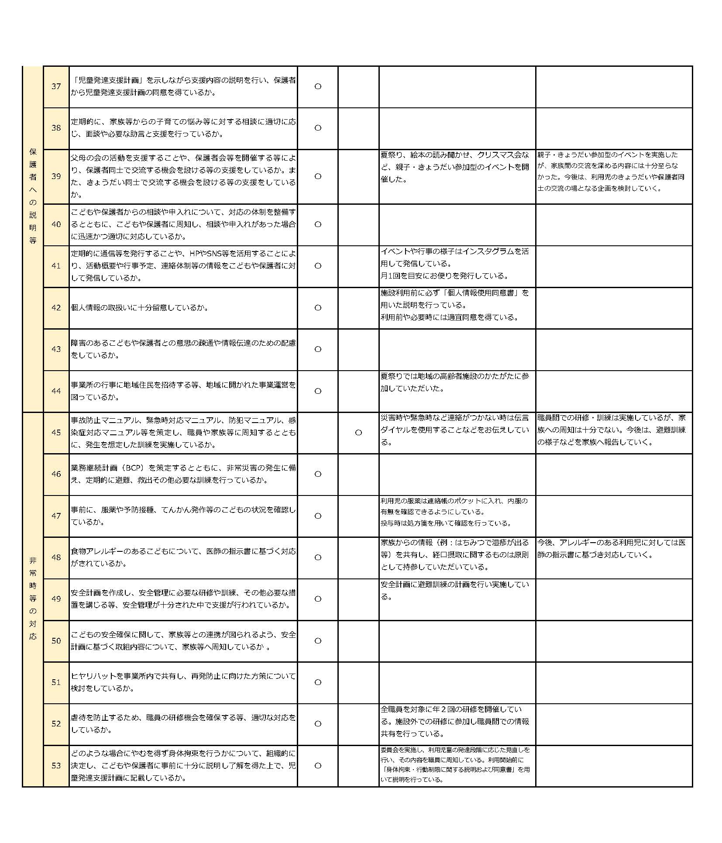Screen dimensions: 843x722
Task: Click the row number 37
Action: point(56,86)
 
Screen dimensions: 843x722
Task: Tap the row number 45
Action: point(56,432)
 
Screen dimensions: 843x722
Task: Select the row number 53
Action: point(56,765)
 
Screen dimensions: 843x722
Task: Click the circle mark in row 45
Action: point(358,433)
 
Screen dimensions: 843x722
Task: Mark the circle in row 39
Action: point(318,176)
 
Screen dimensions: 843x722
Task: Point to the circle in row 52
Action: point(318,724)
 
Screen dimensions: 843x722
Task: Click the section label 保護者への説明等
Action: point(33,196)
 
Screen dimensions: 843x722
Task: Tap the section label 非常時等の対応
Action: point(33,598)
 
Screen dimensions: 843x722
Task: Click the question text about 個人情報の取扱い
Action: point(140,308)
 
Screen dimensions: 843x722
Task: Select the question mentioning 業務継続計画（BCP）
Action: point(183,474)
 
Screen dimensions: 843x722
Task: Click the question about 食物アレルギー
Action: point(183,557)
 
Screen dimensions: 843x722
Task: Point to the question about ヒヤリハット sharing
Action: point(183,682)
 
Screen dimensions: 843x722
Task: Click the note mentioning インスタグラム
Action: point(454,264)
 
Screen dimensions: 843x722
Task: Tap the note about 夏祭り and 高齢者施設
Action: point(454,382)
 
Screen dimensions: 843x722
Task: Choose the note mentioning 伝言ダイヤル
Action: point(454,430)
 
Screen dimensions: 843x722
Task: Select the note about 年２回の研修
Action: point(454,721)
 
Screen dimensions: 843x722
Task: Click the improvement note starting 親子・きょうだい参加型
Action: point(611,172)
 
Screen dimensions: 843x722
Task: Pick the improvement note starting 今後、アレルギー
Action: point(611,549)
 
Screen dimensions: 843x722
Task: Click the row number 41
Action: point(56,266)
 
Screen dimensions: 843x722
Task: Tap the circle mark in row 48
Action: point(318,557)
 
